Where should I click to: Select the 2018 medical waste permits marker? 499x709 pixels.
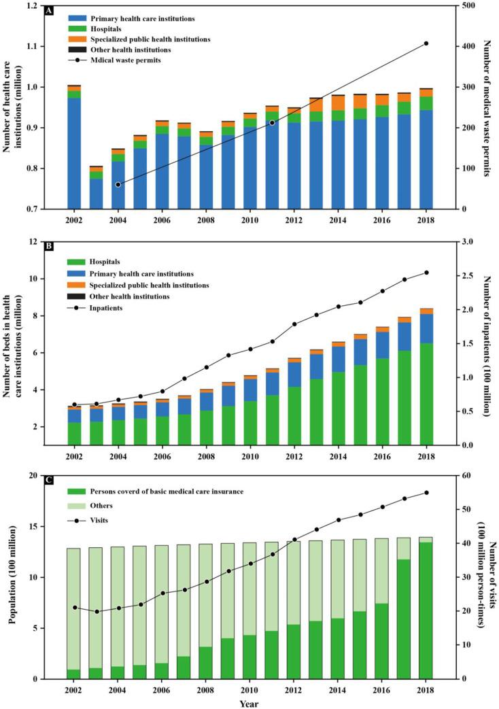pos(426,44)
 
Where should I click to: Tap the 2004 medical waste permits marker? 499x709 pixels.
pos(118,184)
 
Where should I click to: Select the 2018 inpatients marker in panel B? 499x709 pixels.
pos(426,273)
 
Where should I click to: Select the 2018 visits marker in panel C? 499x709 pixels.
pos(426,493)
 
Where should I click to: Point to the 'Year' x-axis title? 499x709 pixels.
pos(249,703)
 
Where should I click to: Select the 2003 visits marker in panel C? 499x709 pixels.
pos(97,612)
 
